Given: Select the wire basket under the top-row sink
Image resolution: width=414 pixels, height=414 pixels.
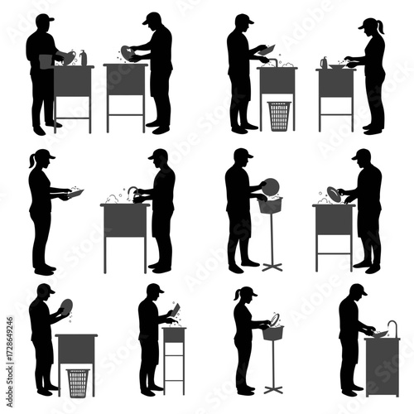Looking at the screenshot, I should [x=279, y=115].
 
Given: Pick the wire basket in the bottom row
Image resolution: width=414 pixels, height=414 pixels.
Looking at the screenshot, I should [x=79, y=382].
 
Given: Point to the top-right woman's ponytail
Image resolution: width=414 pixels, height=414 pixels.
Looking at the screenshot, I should [x=380, y=29].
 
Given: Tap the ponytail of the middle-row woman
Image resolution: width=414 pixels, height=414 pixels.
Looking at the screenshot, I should [x=33, y=161].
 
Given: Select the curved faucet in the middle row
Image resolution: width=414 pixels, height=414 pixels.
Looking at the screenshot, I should [x=132, y=192].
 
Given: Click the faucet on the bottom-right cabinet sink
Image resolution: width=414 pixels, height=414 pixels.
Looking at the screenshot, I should [x=391, y=325].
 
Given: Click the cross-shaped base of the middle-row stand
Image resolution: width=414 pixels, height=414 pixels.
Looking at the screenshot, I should [x=272, y=265].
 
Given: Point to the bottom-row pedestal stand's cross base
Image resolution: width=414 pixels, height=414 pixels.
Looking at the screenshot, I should [x=272, y=388].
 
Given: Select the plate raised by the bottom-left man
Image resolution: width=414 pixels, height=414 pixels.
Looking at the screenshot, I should [x=65, y=306].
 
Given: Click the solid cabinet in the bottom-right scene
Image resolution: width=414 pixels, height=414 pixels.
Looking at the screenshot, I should [x=382, y=365].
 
